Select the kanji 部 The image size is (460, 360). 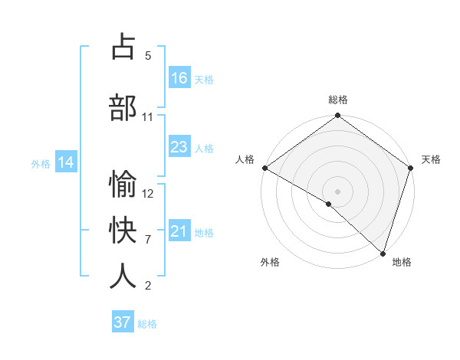pyautogui.click(x=123, y=107)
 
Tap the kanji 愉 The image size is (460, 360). pyautogui.click(x=123, y=185)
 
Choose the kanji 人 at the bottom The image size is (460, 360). pyautogui.click(x=123, y=277)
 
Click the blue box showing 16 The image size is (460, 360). pyautogui.click(x=179, y=78)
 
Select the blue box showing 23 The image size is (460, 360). pyautogui.click(x=179, y=147)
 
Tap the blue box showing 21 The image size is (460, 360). pyautogui.click(x=179, y=231)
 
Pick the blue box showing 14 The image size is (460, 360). pyautogui.click(x=66, y=162)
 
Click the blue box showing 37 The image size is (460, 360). pyautogui.click(x=123, y=322)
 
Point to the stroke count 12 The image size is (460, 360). pyautogui.click(x=148, y=193)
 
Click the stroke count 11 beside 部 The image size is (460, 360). pyautogui.click(x=148, y=116)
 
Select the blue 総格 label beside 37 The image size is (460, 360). pyautogui.click(x=147, y=324)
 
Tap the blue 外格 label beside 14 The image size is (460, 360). pyautogui.click(x=41, y=163)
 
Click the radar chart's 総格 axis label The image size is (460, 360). pyautogui.click(x=337, y=100)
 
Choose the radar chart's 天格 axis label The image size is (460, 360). pyautogui.click(x=431, y=159)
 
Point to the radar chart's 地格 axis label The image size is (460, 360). pyautogui.click(x=402, y=262)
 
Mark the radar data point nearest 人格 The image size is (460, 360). pyautogui.click(x=264, y=168)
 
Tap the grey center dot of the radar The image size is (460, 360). pyautogui.click(x=337, y=191)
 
